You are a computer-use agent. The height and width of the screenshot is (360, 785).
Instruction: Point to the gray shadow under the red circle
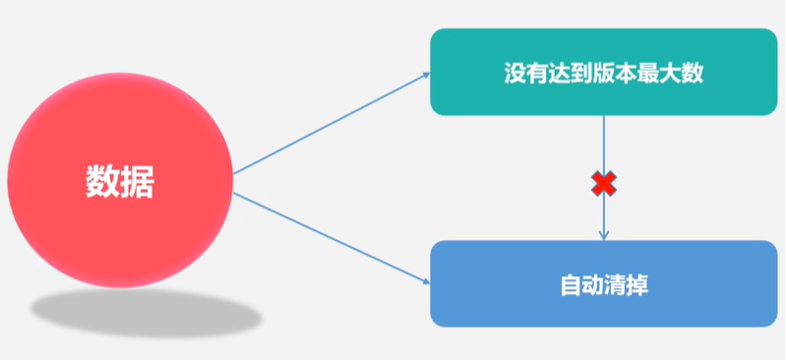(x=146, y=313)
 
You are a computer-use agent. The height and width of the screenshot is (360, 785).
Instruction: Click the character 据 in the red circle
(x=136, y=182)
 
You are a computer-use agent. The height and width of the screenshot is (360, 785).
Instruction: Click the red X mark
(x=603, y=183)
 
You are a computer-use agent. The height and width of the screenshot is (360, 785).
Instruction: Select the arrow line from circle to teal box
(x=330, y=123)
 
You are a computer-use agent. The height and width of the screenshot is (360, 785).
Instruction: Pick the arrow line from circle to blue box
(x=330, y=236)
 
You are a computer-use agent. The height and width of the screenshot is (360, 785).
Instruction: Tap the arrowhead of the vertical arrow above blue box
(x=603, y=235)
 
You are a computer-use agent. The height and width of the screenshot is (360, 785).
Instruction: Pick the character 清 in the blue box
(x=615, y=285)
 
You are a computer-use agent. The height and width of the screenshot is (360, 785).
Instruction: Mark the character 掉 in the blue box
(x=636, y=285)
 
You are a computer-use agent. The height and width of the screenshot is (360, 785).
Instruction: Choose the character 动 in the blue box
(x=592, y=285)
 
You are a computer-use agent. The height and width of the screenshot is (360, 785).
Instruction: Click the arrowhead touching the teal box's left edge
(x=425, y=74)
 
